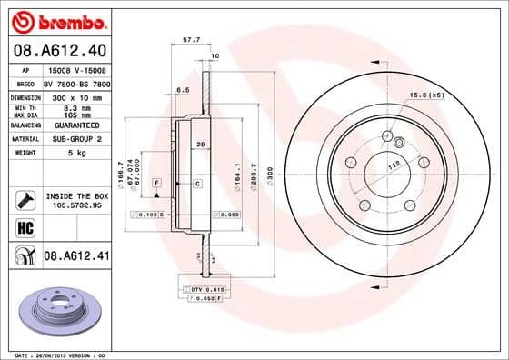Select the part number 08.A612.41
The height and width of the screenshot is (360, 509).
click(x=76, y=257)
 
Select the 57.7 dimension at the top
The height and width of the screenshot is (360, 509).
click(x=192, y=40)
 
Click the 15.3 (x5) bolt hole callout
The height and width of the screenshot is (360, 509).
click(x=424, y=95)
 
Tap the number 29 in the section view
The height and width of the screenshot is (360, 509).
click(x=199, y=145)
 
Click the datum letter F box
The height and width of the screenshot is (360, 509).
click(x=156, y=184)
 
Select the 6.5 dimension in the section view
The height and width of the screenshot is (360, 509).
click(x=182, y=90)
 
